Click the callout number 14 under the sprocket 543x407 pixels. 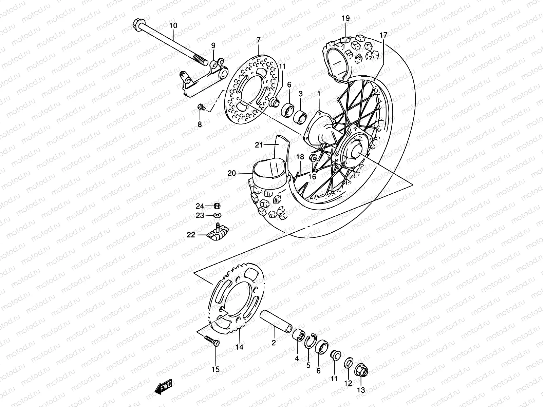click(x=240, y=347)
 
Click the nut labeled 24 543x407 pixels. click(x=218, y=206)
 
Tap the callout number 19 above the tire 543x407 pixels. click(x=345, y=18)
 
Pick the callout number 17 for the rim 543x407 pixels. click(x=383, y=35)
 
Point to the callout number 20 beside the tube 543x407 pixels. click(x=231, y=173)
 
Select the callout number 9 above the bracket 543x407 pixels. click(x=213, y=45)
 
